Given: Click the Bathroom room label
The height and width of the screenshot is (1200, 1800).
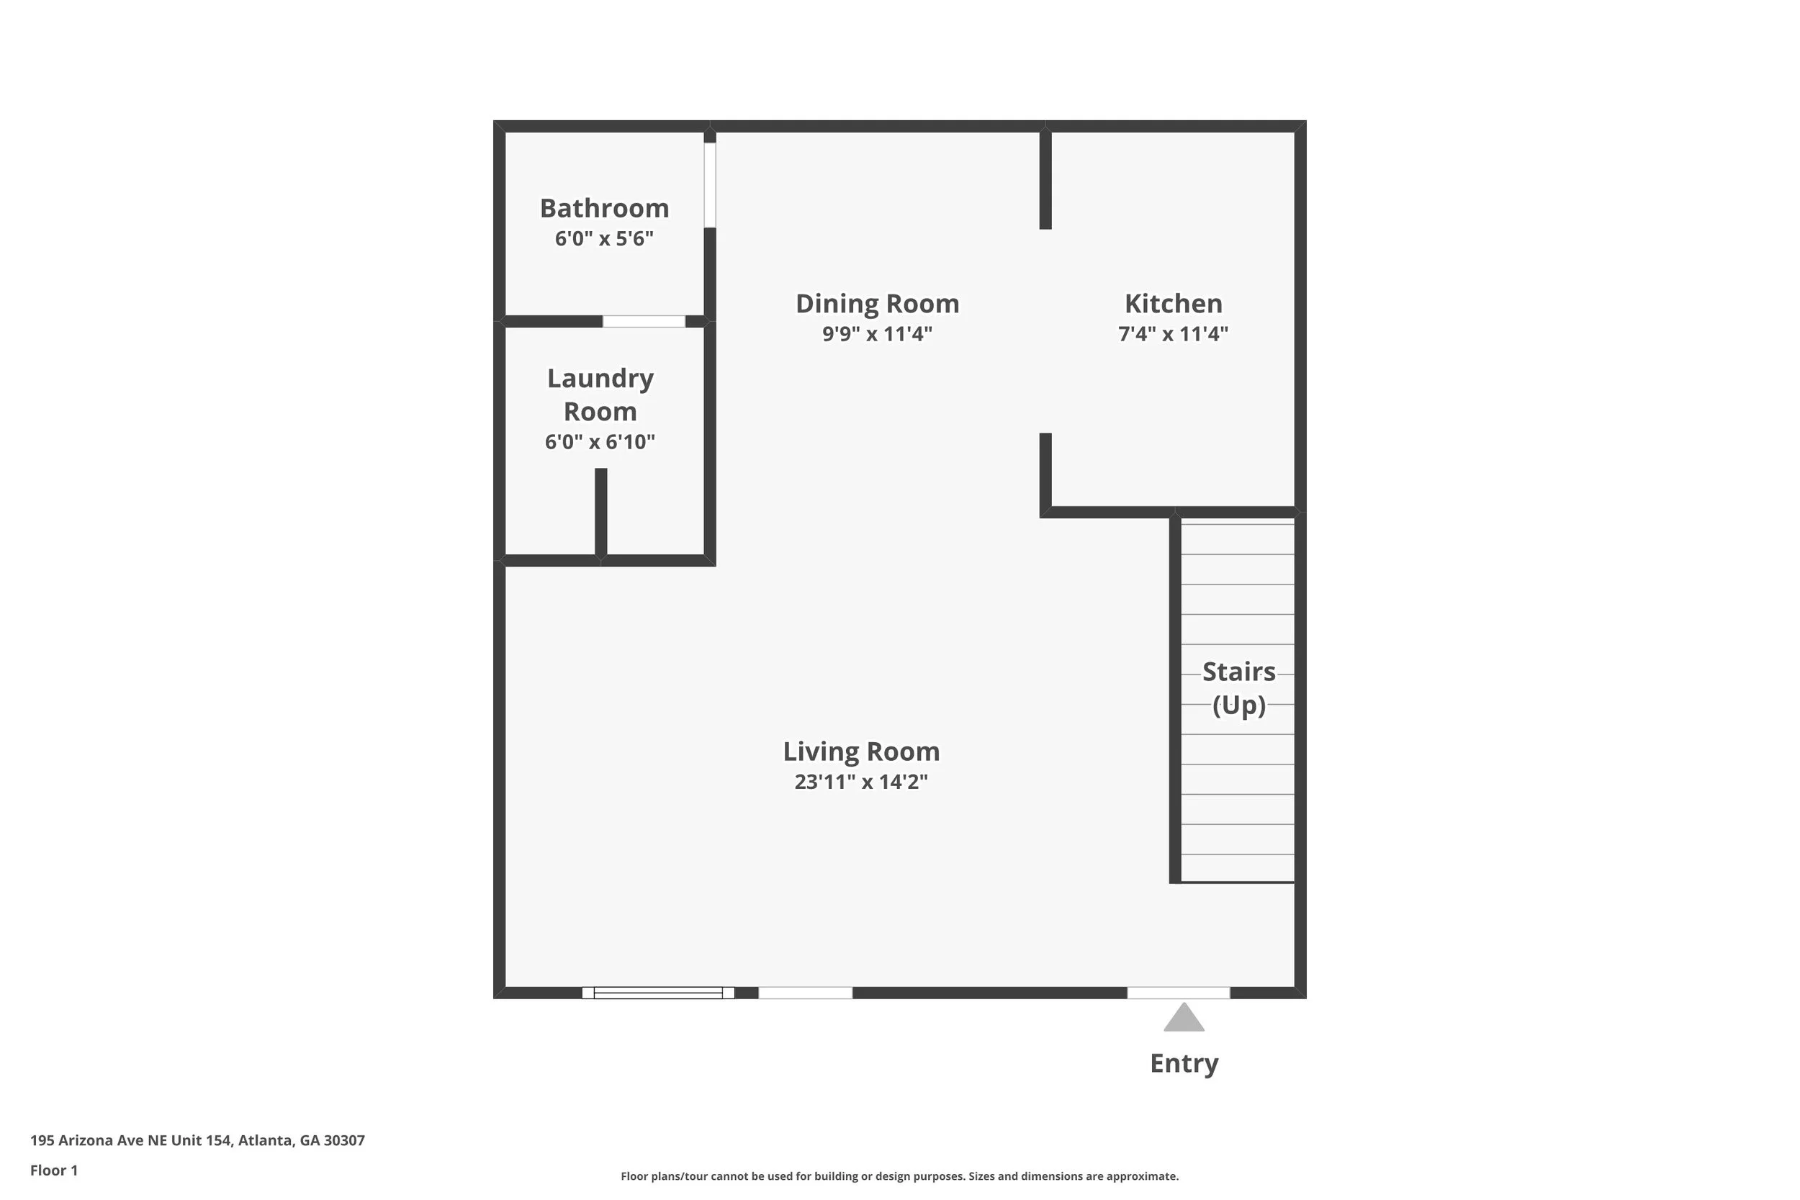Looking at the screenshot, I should coord(604,208).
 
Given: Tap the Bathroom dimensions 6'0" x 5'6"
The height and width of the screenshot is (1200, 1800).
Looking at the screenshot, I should coord(604,239).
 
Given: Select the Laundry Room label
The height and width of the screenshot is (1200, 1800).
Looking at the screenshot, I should coord(600,394).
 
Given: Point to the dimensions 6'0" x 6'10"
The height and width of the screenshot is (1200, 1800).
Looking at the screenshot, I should coord(600,442).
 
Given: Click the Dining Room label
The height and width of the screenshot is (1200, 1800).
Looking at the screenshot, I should coord(877,304).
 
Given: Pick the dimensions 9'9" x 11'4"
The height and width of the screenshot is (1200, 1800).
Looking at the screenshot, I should coord(877,335).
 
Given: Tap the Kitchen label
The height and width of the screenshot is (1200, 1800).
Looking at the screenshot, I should coord(1172,304).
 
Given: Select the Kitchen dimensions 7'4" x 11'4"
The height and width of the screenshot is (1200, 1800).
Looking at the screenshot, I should coord(1172,335).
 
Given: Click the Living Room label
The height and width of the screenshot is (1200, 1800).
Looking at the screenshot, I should coord(861,752).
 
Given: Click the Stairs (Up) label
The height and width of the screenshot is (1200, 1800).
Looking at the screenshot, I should coord(1238,688).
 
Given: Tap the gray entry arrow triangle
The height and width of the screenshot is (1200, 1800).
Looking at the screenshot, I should coord(1184,1019).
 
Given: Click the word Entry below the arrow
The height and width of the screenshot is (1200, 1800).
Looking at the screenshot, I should coord(1184,1064).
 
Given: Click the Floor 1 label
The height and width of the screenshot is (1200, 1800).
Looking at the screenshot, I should coord(53,1170).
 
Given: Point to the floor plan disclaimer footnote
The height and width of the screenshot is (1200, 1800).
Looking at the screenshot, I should coord(899,1176).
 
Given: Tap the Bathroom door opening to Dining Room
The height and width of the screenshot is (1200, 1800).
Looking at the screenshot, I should coord(709,184).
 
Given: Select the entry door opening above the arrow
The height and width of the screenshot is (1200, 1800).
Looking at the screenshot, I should coord(1179,993).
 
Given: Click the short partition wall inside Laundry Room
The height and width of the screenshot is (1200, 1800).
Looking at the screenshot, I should coord(600,511).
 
